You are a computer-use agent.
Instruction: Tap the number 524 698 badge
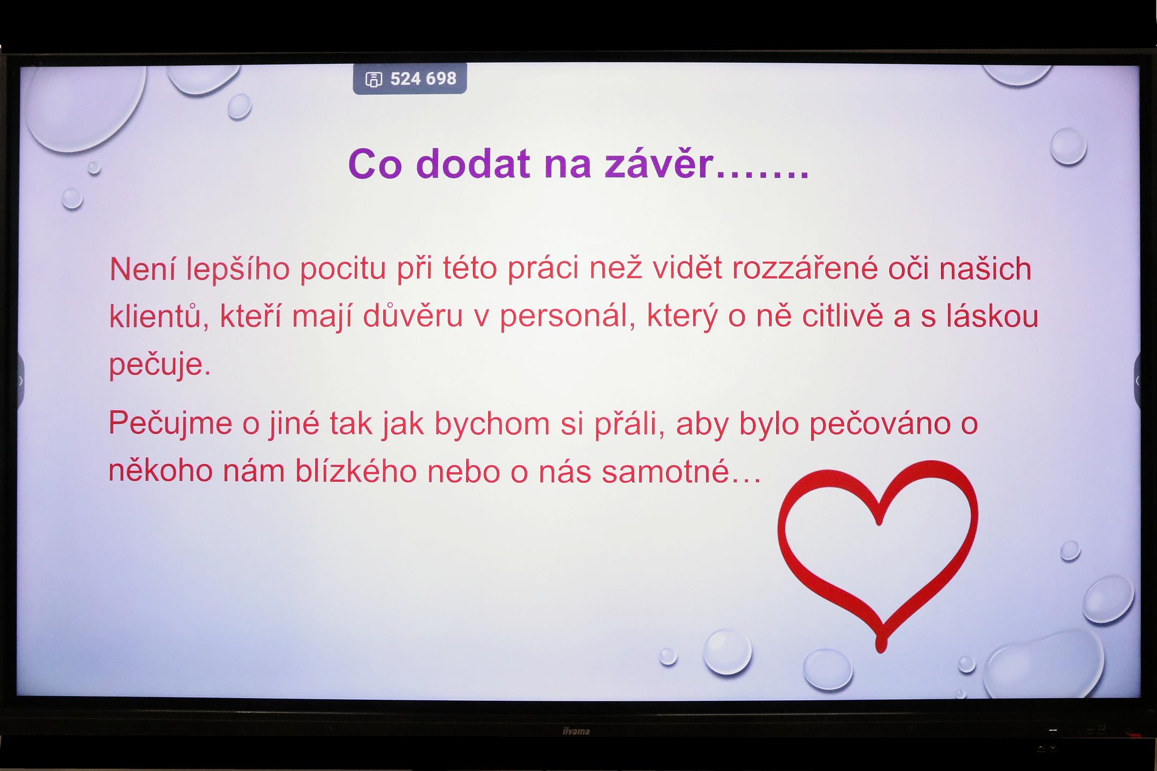pos(410,79)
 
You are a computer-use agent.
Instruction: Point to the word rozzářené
pos(805,268)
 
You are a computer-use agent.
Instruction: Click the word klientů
pos(159,316)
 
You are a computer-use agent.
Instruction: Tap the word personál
pos(567,317)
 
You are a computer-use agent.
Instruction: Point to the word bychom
pos(492,424)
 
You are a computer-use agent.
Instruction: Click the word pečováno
pos(881,424)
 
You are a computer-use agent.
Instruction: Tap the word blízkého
pos(356,472)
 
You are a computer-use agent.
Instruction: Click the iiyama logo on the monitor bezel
pos(576,731)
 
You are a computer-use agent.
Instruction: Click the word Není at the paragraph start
pos(142,268)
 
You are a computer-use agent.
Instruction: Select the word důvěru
pos(412,316)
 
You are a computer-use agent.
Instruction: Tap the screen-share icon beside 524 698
pos(373,79)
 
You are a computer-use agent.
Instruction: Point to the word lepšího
pos(238,269)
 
